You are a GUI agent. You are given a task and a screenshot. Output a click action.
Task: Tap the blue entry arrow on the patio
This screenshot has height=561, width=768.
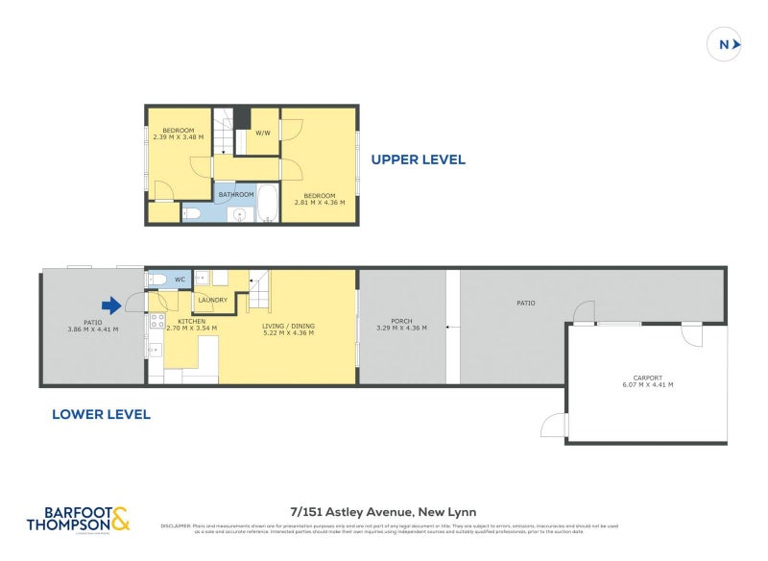click(x=111, y=306)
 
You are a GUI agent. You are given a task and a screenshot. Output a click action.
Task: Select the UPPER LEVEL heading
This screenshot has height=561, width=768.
click(x=419, y=159)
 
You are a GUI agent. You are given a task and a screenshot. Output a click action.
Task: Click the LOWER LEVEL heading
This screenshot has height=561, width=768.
click(x=102, y=414)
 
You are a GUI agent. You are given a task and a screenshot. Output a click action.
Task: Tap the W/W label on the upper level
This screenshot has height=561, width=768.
click(x=262, y=134)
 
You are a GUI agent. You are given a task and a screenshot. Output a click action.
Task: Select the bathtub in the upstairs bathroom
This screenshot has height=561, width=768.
click(x=266, y=204)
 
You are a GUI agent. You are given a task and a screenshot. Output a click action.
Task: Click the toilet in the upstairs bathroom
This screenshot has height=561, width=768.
click(x=191, y=212)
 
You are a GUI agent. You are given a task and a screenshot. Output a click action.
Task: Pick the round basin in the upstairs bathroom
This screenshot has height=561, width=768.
click(x=238, y=213)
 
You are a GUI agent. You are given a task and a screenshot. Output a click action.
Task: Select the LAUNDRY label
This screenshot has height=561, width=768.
click(x=212, y=300)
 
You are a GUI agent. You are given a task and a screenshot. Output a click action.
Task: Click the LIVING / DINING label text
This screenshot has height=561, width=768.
click(x=288, y=327)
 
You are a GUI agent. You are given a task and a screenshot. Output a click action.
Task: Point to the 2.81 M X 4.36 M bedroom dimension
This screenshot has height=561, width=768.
click(x=327, y=202)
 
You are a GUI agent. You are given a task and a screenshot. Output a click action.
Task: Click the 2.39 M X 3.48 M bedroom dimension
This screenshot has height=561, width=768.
click(x=179, y=136)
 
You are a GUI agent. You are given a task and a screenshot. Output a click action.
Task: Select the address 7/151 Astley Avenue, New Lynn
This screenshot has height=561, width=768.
click(x=383, y=512)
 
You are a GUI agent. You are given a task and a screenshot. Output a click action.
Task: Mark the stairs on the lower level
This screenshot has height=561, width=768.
click(x=262, y=285)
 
